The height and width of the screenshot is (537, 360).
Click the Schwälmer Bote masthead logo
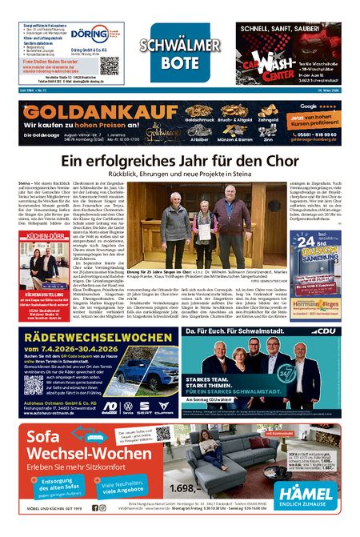pyautogui.click(x=170, y=52)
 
